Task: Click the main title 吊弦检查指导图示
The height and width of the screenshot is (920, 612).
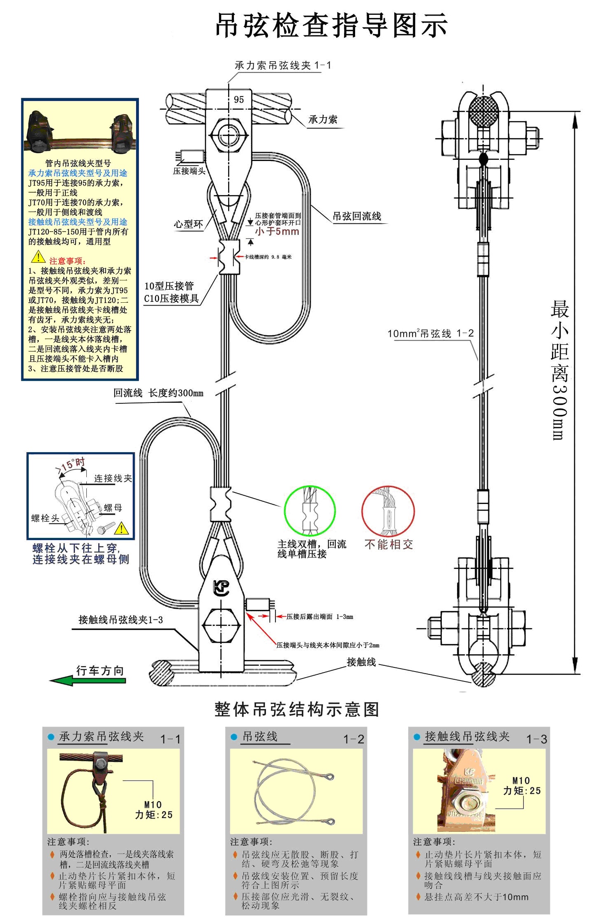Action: pos(331,25)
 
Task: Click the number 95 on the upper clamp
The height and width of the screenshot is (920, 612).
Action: pos(239,99)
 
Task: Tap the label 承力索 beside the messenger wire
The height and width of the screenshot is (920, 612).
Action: pos(323,120)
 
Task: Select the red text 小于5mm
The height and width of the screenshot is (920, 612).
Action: pos(277,231)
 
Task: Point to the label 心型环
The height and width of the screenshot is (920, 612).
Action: pos(188,224)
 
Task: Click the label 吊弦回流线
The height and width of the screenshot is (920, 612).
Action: pos(357,216)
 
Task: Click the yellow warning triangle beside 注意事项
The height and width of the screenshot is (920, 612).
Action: pos(38,258)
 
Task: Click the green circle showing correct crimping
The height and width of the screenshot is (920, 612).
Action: pos(309,511)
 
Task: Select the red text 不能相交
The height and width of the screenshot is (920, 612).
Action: pos(388,544)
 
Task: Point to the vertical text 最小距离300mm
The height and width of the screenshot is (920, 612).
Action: pos(560,370)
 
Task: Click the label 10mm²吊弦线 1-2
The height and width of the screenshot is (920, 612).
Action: pos(430,333)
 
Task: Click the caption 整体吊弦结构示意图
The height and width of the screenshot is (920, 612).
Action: pos(296,709)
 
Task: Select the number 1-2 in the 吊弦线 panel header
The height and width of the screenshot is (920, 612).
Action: pos(353,739)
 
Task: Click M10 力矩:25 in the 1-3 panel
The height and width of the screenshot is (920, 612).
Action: pos(522,786)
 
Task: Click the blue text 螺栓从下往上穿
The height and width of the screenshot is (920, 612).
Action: pos(76,548)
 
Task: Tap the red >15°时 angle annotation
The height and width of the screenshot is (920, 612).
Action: pos(71,465)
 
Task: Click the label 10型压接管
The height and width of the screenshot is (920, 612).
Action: pos(169,286)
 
